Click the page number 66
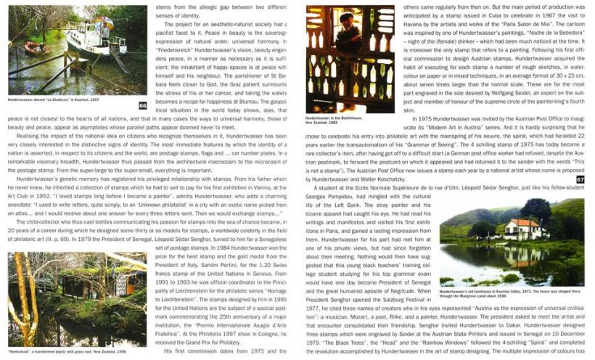[x=143, y=105]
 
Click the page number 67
[x=580, y=179]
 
